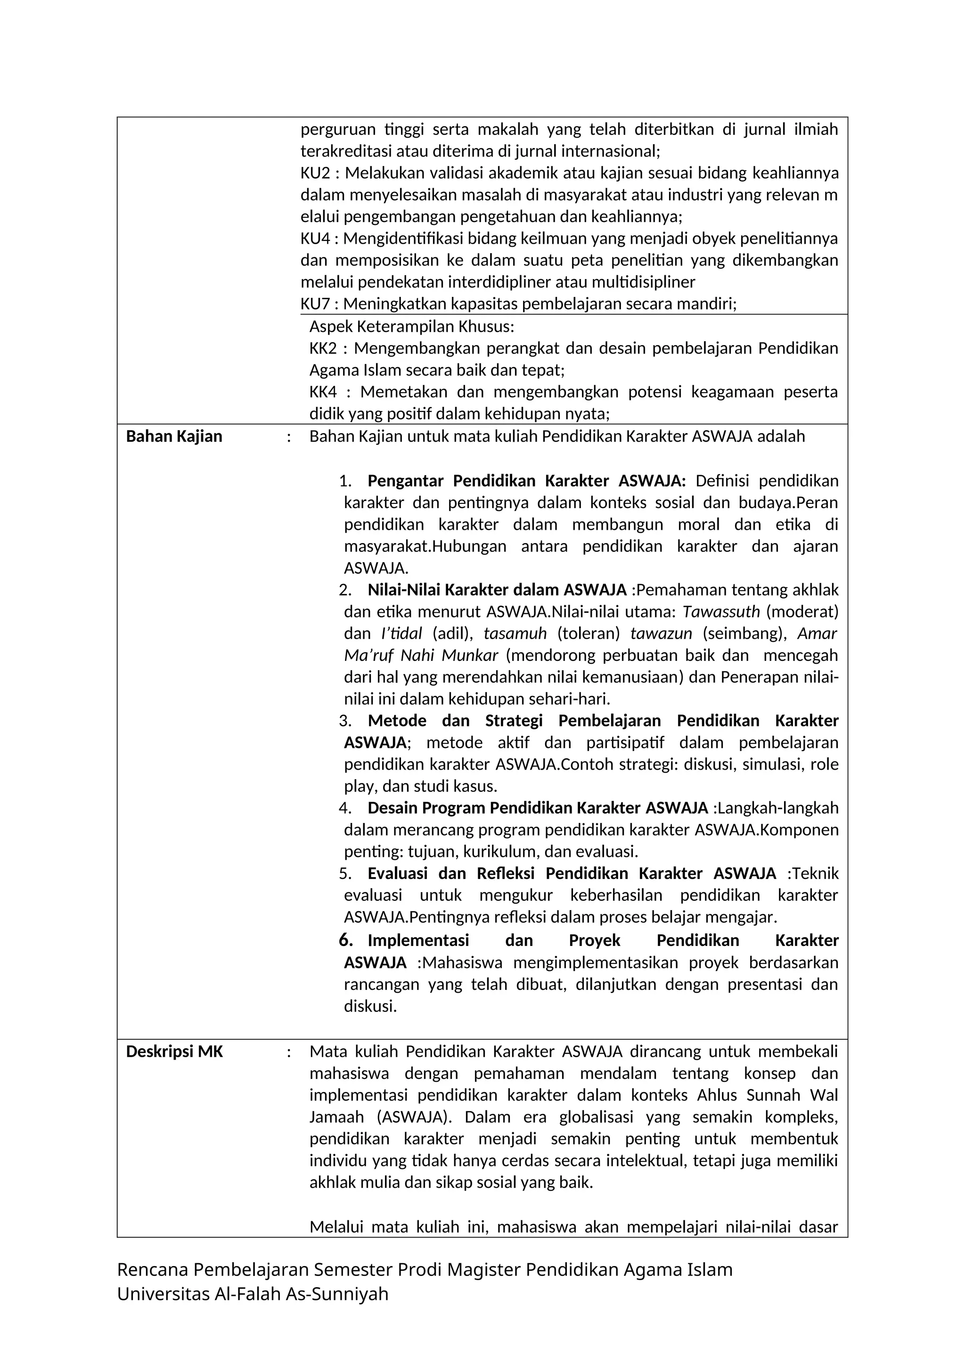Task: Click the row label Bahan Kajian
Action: pos(174,436)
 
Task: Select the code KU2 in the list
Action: pos(315,173)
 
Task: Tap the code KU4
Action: pos(315,238)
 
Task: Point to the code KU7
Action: pos(315,304)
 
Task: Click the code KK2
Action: pos(323,348)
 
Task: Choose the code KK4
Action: pos(323,392)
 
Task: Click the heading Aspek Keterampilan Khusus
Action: pos(411,326)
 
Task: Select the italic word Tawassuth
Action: pos(721,611)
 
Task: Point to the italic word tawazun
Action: pos(661,633)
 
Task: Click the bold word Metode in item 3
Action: pos(397,721)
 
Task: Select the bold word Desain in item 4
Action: pos(392,808)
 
